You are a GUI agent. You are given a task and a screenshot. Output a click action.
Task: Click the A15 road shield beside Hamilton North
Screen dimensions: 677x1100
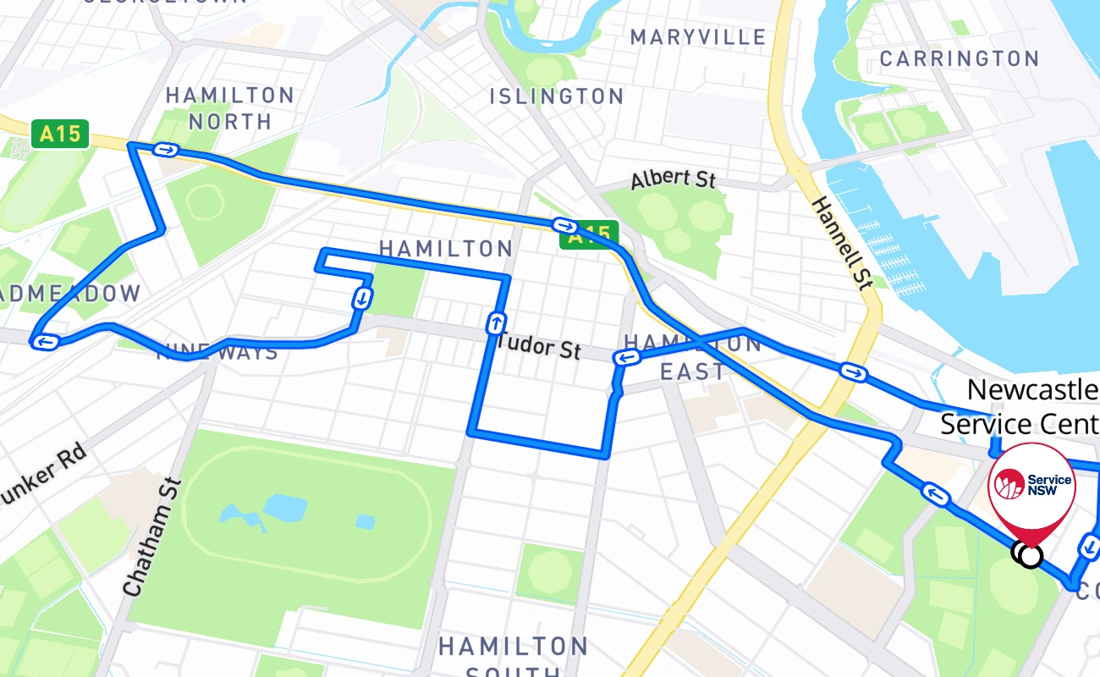click(x=60, y=134)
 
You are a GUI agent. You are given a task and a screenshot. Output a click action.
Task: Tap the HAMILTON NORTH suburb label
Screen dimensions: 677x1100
click(x=230, y=108)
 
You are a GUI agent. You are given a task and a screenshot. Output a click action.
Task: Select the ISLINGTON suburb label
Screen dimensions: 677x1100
click(x=557, y=96)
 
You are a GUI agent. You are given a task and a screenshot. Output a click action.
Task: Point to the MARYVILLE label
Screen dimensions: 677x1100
click(x=698, y=37)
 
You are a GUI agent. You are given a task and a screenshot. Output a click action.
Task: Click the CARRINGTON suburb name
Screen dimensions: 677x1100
click(x=959, y=58)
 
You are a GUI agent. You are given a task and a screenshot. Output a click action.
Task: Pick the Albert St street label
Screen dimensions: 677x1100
click(x=673, y=179)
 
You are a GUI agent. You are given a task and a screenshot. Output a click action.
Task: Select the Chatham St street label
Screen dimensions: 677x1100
click(x=152, y=536)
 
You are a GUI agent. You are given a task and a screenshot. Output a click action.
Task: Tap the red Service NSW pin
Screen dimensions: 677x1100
click(x=1031, y=487)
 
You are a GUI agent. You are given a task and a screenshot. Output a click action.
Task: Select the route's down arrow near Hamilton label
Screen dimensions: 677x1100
click(x=362, y=298)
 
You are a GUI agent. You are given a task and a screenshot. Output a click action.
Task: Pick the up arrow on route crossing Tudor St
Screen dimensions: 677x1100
click(x=496, y=322)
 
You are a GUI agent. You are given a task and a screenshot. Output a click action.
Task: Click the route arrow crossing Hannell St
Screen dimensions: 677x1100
click(x=853, y=372)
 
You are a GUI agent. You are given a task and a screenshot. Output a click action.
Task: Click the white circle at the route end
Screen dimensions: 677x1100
click(x=1030, y=556)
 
